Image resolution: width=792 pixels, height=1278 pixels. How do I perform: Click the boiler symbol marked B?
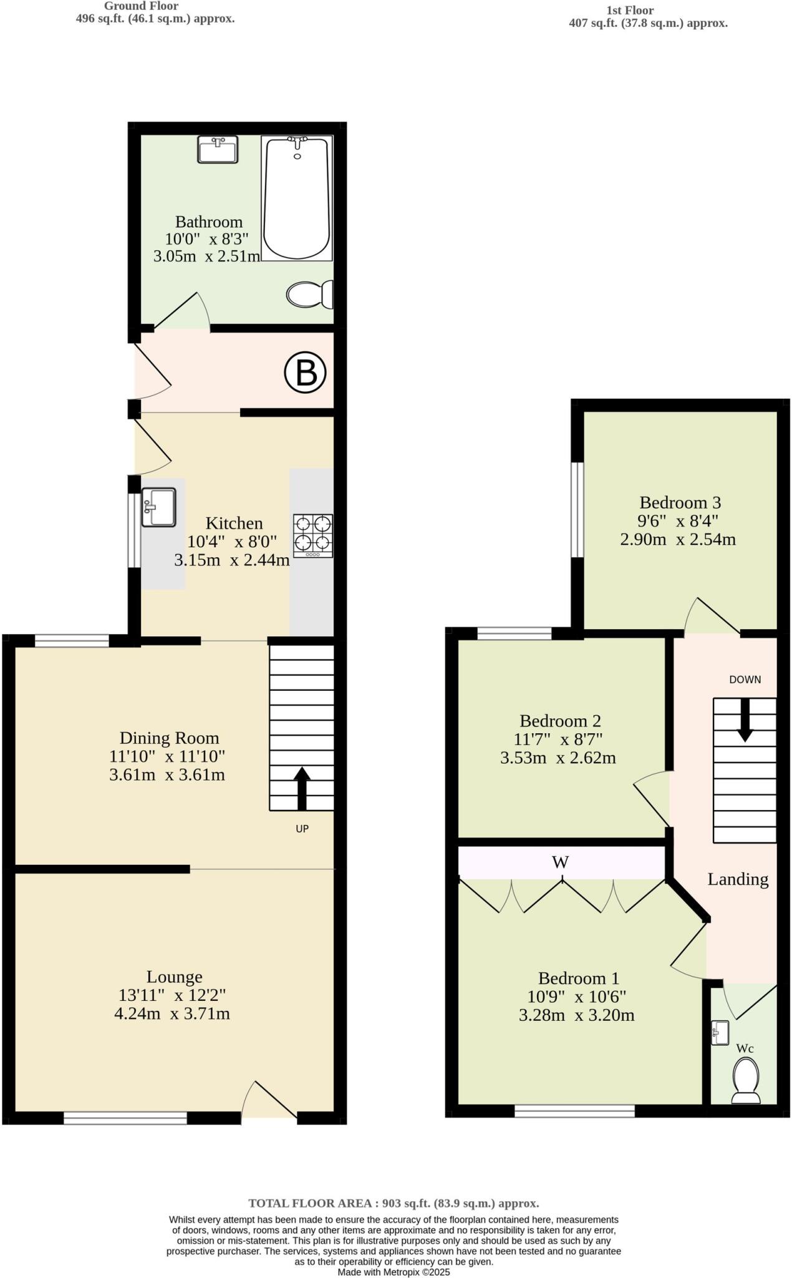[306, 373]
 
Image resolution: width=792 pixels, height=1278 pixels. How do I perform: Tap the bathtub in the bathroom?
[297, 198]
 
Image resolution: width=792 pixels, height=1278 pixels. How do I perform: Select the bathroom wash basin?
[218, 150]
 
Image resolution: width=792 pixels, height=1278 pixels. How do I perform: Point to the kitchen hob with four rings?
[313, 535]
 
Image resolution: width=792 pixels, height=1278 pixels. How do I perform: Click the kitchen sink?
[158, 507]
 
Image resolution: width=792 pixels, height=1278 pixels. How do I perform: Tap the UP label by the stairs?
[302, 829]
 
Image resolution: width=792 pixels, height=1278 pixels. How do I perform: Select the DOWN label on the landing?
[745, 680]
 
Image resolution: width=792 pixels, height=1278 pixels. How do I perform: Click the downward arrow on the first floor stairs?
[745, 720]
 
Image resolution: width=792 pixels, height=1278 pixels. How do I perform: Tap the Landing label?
[738, 879]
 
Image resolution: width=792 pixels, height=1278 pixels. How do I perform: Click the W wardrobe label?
[560, 862]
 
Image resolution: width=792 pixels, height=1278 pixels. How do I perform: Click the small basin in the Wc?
[720, 1032]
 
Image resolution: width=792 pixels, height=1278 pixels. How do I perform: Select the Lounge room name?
[175, 977]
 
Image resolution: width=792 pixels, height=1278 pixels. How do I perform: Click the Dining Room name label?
[169, 738]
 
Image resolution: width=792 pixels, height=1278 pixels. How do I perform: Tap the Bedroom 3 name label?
[680, 502]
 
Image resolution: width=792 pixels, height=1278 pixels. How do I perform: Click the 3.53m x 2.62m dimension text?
[558, 758]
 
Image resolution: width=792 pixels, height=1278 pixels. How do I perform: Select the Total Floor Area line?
[394, 1203]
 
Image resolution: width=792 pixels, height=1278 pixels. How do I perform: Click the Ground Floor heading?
[141, 6]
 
